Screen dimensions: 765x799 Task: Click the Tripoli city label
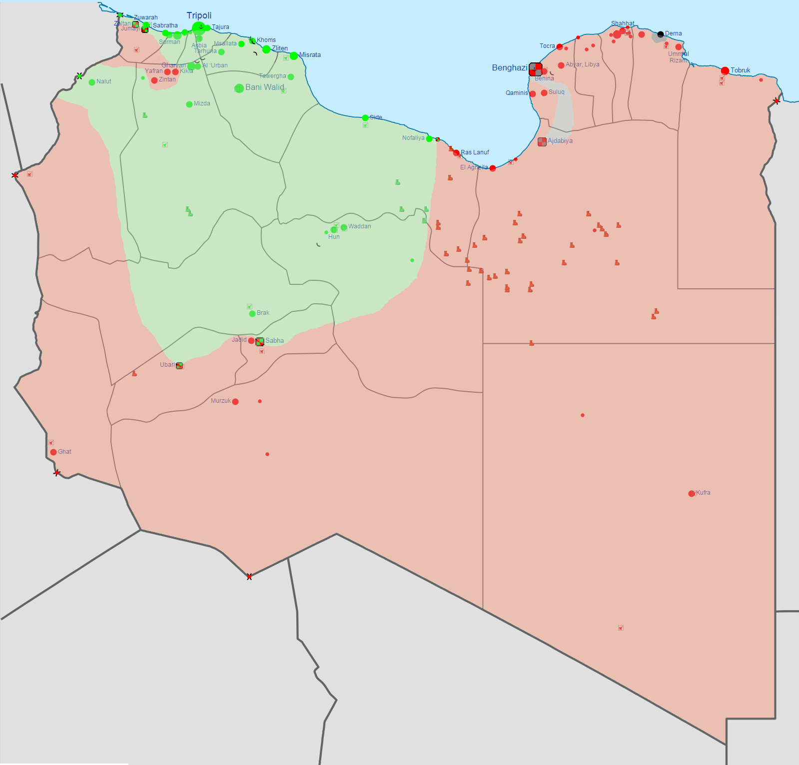click(x=199, y=15)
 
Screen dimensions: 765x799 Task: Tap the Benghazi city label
click(x=509, y=68)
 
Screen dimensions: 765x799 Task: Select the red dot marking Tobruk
click(x=725, y=71)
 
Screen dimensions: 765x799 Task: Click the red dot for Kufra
click(x=692, y=494)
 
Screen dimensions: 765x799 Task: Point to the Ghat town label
click(x=64, y=452)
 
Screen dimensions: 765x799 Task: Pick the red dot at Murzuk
click(x=235, y=402)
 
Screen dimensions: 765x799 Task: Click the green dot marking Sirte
click(x=365, y=118)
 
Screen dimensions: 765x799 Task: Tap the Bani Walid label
click(x=264, y=87)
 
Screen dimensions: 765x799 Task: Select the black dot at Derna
click(x=661, y=34)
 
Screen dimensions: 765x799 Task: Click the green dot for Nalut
click(x=92, y=82)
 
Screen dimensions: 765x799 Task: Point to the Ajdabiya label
click(x=560, y=141)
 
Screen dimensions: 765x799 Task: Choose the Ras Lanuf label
click(x=475, y=152)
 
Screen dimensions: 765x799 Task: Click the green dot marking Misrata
click(x=294, y=56)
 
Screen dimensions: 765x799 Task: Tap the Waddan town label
click(x=360, y=226)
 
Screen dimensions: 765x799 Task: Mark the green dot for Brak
click(x=252, y=314)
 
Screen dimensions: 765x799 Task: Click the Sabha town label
click(x=274, y=341)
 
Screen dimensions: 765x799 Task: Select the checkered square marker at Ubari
click(x=179, y=366)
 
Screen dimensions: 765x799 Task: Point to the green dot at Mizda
click(x=189, y=104)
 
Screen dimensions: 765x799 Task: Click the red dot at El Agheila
click(x=493, y=168)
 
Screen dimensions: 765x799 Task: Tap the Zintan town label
click(x=167, y=79)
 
